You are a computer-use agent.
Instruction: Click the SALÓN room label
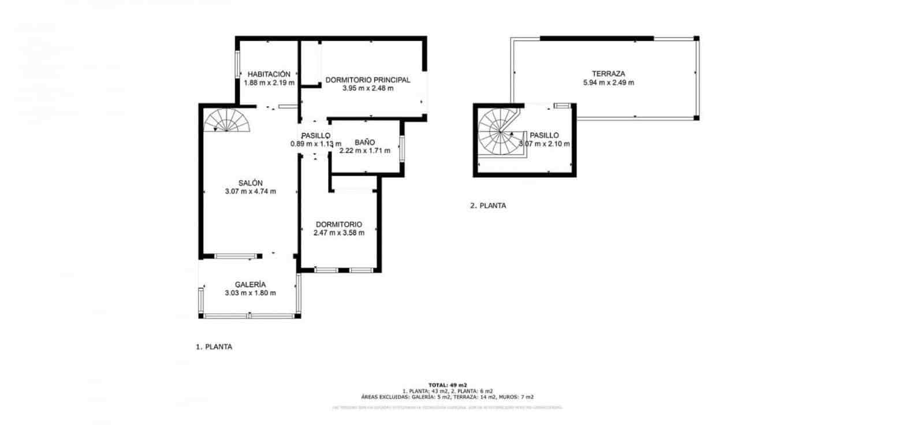(250, 183)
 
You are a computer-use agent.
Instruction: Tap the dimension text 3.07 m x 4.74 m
(250, 192)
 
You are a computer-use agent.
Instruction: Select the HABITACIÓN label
(269, 75)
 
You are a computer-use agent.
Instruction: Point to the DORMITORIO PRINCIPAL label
(367, 80)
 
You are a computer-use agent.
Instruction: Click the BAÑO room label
(364, 142)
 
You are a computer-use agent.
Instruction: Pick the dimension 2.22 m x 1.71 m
(364, 151)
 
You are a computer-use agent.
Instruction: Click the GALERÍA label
(250, 285)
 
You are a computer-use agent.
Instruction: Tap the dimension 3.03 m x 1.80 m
(250, 293)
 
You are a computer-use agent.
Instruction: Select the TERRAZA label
(608, 74)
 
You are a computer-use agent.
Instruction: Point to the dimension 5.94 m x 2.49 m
(608, 83)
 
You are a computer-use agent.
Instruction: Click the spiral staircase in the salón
(227, 121)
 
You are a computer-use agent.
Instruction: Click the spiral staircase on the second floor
(498, 134)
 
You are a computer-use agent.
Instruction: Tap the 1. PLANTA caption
(214, 347)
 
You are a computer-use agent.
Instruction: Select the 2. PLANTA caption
(487, 206)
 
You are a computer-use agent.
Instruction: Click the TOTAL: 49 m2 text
(448, 385)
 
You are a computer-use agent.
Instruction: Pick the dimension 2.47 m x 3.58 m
(338, 233)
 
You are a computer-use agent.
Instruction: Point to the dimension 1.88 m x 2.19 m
(269, 83)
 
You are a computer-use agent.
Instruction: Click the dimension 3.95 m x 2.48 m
(367, 88)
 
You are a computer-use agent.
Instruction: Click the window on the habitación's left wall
(237, 65)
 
